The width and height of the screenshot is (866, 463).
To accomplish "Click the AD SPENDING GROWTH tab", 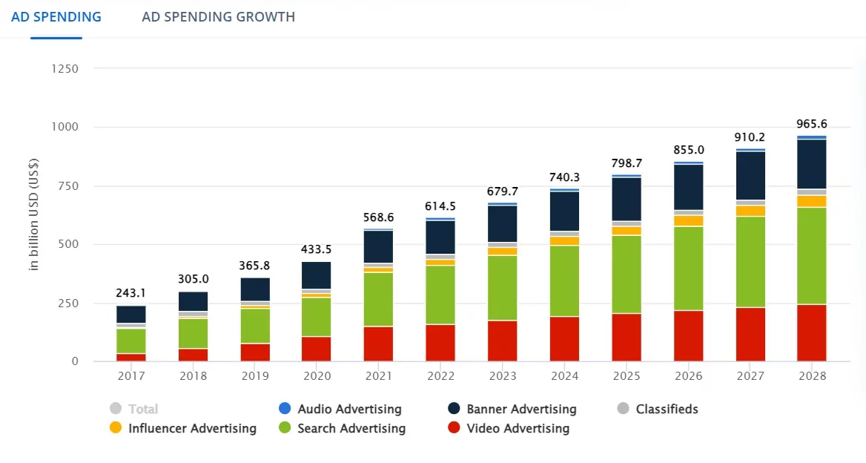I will click(x=218, y=17).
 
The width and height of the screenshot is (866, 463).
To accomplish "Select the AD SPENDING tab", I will click(x=56, y=17).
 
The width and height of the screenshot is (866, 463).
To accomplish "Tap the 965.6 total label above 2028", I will click(x=811, y=124).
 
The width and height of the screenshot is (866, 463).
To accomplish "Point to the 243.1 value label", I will click(x=130, y=294).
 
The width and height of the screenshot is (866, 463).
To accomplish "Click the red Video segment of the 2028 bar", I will click(x=811, y=332).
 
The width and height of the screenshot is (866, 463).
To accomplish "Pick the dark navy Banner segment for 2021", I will click(x=378, y=246).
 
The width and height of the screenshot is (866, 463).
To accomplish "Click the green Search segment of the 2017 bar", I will click(x=130, y=341).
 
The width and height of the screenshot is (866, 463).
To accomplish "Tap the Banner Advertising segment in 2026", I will click(x=688, y=187).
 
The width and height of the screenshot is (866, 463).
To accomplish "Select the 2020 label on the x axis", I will click(x=317, y=376).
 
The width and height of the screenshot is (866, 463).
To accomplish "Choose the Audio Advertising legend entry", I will click(x=348, y=409).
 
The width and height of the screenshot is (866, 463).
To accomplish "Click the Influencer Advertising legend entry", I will click(x=191, y=428).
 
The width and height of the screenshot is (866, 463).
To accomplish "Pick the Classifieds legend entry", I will click(x=666, y=409).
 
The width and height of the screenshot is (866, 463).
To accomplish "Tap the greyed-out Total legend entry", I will click(x=142, y=409).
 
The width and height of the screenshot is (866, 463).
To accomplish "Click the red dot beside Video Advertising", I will click(x=455, y=428).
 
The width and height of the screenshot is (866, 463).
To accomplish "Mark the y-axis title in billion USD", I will click(x=34, y=214).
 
